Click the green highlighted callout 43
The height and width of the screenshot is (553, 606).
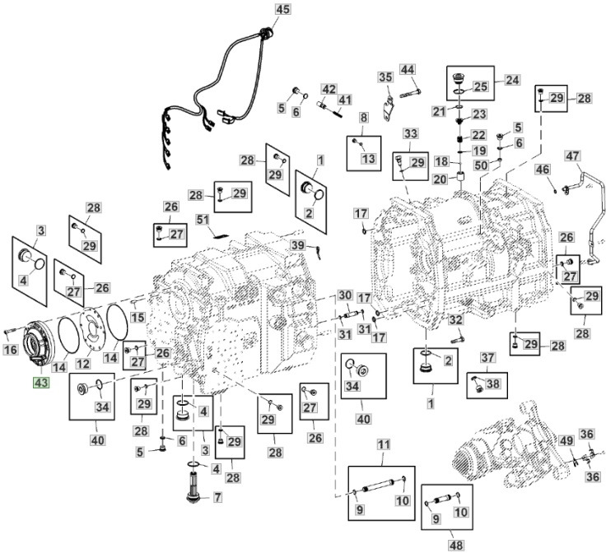tap(42, 383)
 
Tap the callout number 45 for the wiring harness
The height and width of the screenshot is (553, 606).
tap(282, 10)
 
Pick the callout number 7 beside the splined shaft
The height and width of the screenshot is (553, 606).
tap(217, 497)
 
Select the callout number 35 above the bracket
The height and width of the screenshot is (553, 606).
tap(385, 77)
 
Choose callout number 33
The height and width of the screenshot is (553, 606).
tap(411, 132)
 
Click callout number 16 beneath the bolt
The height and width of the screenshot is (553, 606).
tap(10, 351)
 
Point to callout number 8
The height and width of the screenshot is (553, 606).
tap(363, 118)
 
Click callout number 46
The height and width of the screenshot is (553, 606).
tap(543, 169)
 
